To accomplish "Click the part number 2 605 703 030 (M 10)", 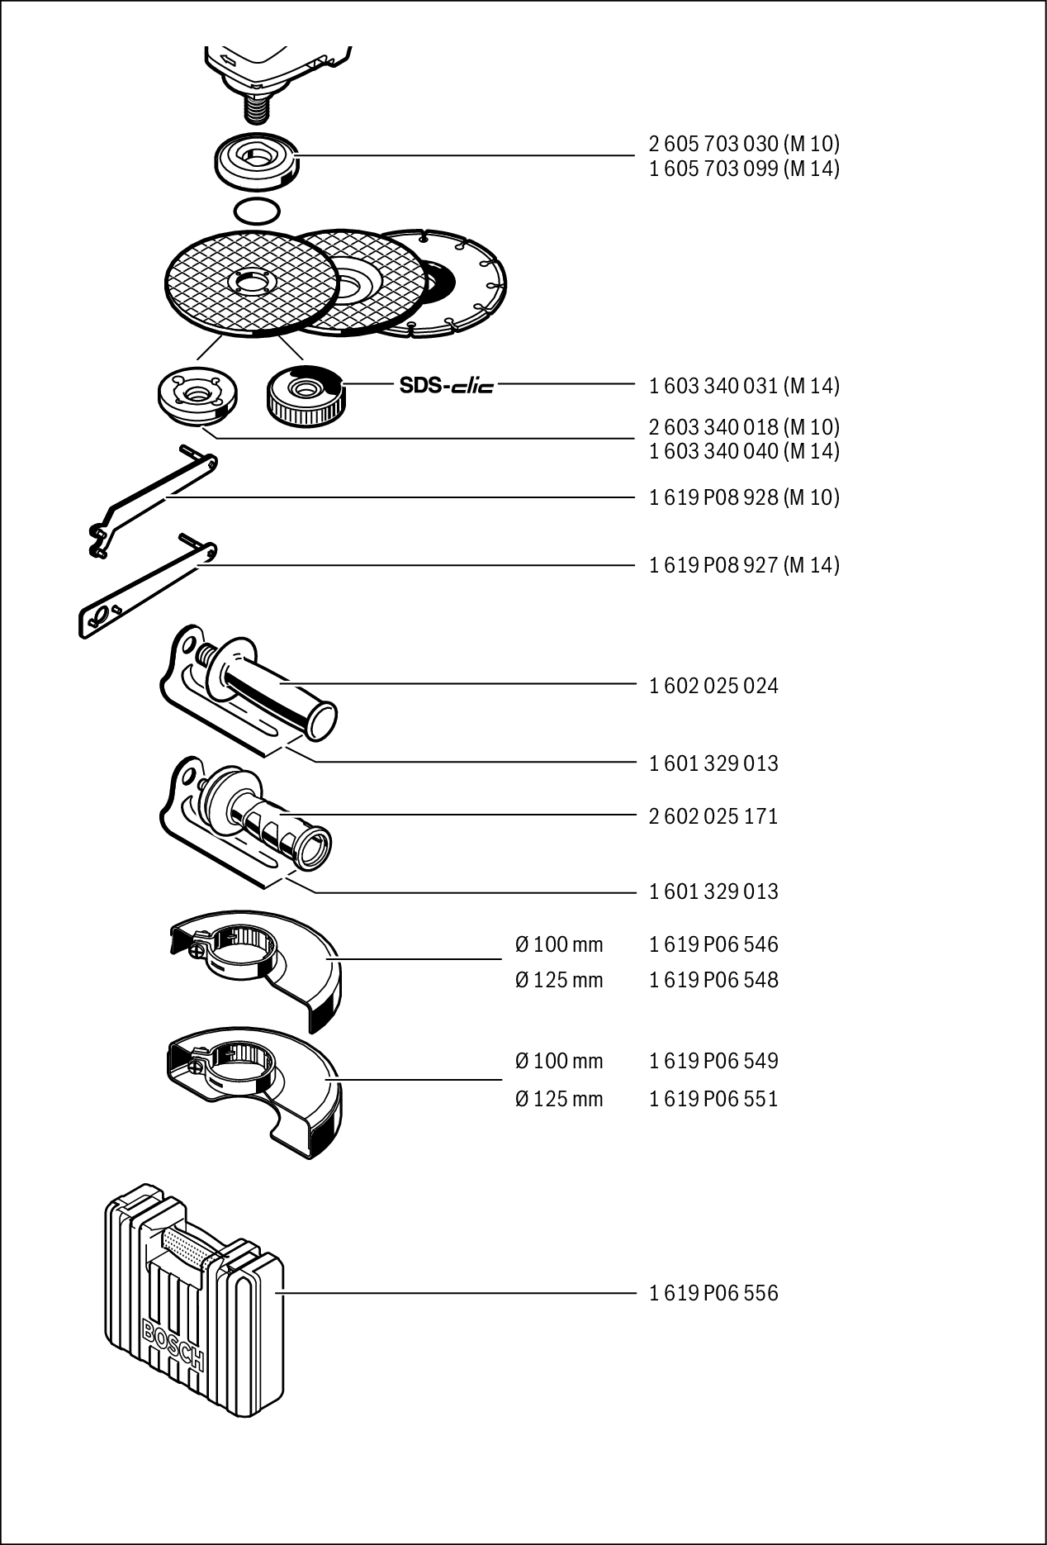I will click(744, 144).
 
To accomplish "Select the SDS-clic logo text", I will click(446, 385).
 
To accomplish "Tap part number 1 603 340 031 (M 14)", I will click(744, 385).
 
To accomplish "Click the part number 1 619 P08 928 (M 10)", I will click(744, 497).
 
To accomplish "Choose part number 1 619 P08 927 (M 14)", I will click(744, 565).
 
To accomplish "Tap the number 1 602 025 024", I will click(713, 686).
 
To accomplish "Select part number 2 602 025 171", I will click(713, 816).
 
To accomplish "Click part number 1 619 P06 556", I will click(713, 1293).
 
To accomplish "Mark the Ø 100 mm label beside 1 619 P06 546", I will click(559, 944).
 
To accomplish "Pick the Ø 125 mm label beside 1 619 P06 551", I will click(559, 1099).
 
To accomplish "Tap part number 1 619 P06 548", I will click(713, 980).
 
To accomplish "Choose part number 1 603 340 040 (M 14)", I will click(744, 451).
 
